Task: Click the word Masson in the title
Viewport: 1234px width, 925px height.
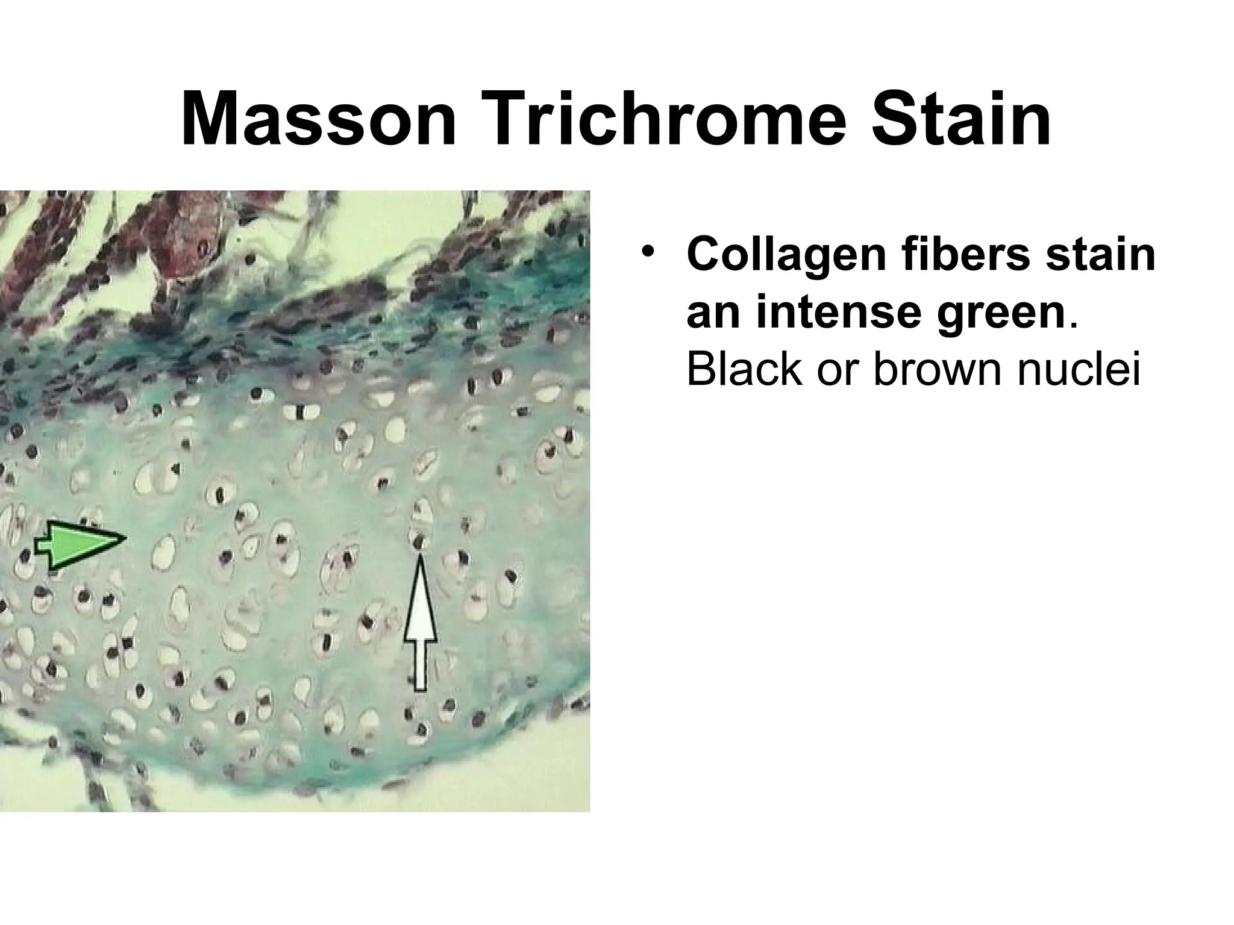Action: coord(318,119)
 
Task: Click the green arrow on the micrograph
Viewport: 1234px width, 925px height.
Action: coord(84,544)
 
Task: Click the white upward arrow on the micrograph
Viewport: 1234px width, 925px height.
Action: coord(420,626)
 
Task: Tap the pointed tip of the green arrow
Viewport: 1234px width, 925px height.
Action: coord(125,538)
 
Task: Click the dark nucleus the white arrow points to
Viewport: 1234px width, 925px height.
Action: coord(419,542)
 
